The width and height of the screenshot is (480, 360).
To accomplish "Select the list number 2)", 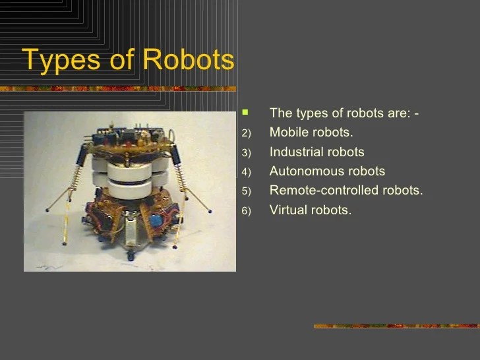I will [247, 133].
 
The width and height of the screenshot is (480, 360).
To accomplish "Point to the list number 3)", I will [247, 153].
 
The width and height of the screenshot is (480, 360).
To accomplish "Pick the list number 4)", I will [247, 172].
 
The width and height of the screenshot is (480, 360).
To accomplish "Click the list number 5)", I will [247, 192].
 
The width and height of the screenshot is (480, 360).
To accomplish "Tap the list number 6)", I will [247, 211].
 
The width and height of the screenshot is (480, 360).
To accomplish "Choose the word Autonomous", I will [307, 171].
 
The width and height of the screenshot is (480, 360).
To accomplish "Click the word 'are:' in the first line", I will [396, 113].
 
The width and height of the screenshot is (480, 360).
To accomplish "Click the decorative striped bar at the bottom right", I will [396, 326].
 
